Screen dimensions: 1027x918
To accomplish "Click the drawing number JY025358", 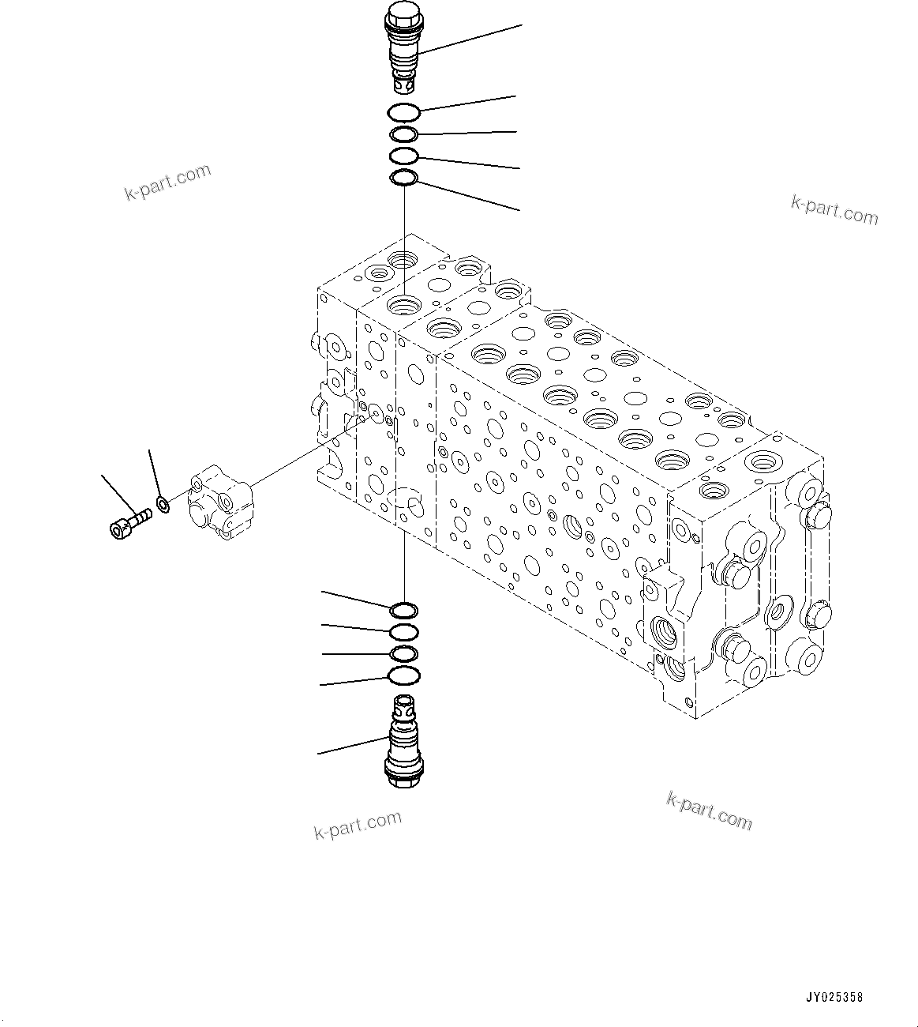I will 835,997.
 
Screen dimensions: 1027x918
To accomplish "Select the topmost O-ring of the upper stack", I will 403,113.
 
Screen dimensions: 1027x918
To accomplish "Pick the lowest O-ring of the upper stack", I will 403,179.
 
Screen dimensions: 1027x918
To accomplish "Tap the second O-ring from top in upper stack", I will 403,134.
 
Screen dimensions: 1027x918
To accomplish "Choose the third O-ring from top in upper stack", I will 403,156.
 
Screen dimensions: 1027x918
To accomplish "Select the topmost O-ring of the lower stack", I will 403,610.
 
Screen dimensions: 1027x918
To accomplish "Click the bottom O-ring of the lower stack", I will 403,675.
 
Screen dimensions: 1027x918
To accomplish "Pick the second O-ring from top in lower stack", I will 403,631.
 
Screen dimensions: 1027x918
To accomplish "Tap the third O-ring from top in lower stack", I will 403,653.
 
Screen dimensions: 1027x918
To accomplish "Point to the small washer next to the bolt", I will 163,503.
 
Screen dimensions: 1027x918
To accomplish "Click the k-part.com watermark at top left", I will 168,182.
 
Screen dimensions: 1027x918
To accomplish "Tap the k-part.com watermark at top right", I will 834,209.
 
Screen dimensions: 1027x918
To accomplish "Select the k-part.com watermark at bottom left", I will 358,825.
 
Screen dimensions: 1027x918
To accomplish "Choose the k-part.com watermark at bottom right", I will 709,811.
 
